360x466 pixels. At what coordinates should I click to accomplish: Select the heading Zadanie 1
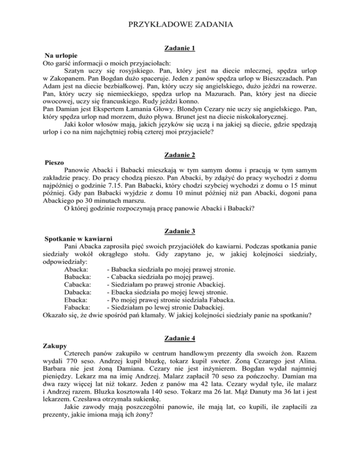(x=180, y=48)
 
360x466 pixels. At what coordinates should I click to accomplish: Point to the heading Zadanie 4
(x=180, y=338)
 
